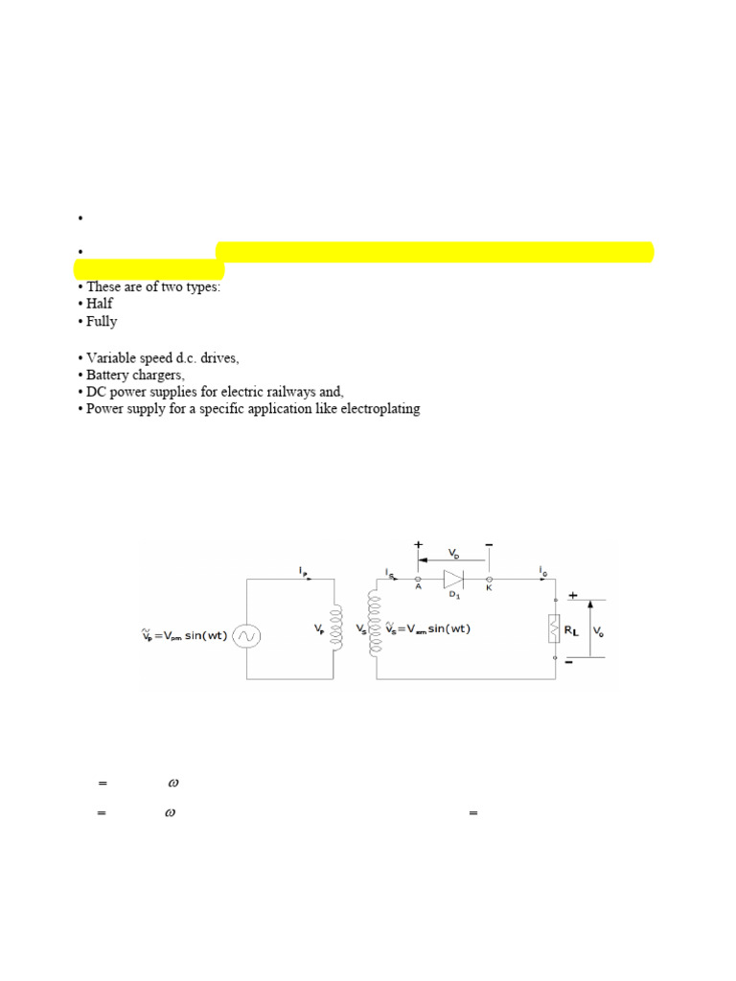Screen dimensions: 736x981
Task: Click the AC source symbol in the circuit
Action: tap(246, 635)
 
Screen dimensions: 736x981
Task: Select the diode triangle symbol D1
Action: tap(453, 580)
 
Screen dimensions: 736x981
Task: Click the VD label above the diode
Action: tap(453, 554)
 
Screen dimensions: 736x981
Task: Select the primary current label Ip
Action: tap(303, 570)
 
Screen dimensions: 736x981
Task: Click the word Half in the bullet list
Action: tap(100, 304)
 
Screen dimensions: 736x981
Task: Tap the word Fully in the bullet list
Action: tap(102, 321)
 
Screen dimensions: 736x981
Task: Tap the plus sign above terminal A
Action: tap(418, 544)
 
